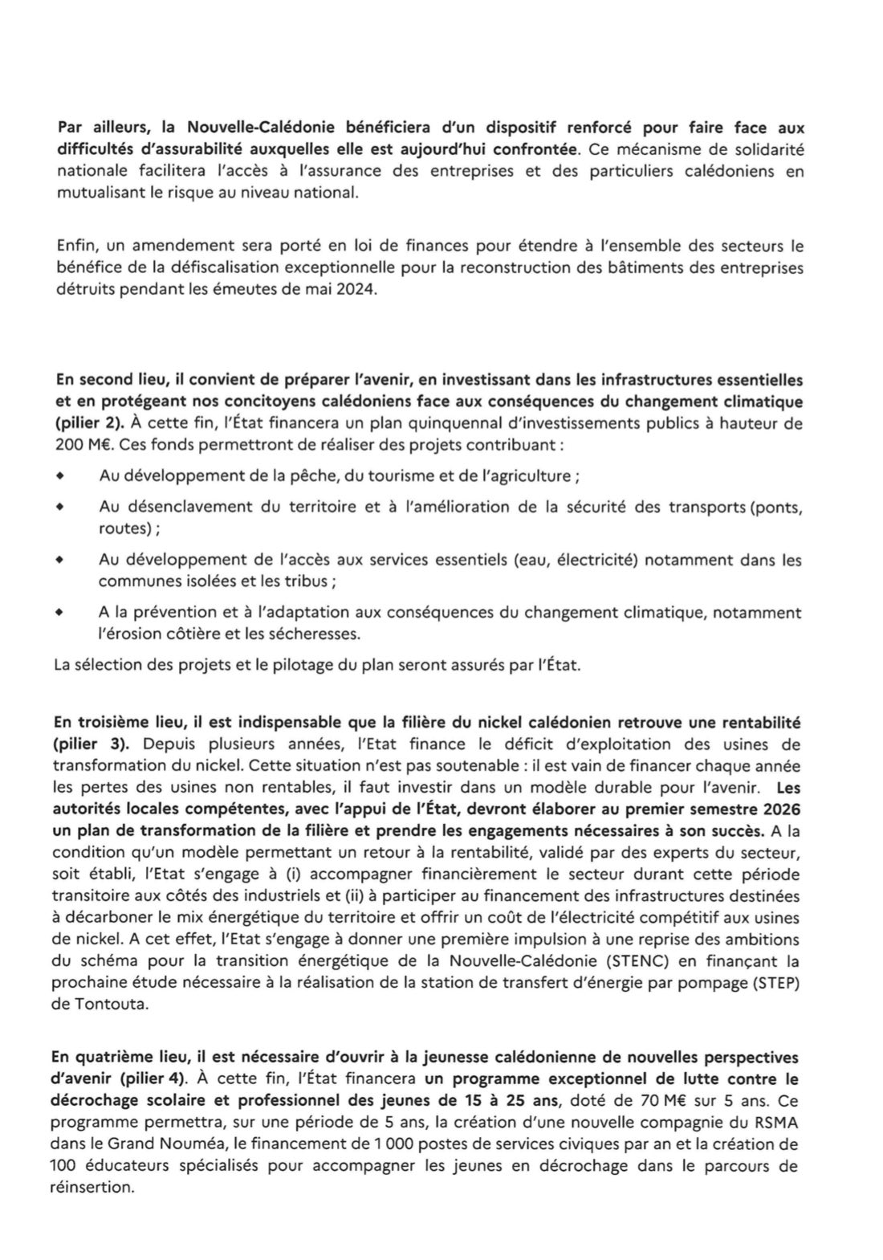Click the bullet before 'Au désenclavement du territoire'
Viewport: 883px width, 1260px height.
pyautogui.click(x=59, y=507)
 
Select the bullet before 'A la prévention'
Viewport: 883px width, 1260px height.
pyautogui.click(x=59, y=612)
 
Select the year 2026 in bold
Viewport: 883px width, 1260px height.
pyautogui.click(x=774, y=805)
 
